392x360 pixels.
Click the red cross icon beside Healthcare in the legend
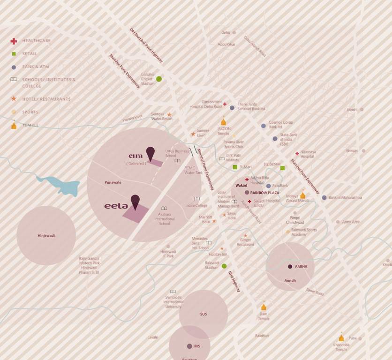click(x=14, y=41)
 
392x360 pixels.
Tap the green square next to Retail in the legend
click(x=14, y=54)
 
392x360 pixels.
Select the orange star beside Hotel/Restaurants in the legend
click(x=14, y=99)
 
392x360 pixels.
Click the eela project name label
click(x=116, y=205)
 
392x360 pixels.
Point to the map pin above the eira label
click(x=150, y=153)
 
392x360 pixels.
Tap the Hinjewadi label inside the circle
click(x=46, y=235)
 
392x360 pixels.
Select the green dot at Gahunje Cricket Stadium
click(x=159, y=79)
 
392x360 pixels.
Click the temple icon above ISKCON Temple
click(x=224, y=122)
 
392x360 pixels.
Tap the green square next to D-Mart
click(x=235, y=167)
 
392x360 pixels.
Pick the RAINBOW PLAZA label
click(x=264, y=193)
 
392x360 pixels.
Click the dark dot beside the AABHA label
click(x=290, y=266)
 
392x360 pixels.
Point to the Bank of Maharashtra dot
click(x=324, y=197)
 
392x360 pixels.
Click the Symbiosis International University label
click(x=173, y=302)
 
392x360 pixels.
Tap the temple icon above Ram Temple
click(x=264, y=307)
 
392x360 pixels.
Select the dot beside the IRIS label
click(x=189, y=346)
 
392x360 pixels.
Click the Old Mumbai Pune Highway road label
click(x=146, y=45)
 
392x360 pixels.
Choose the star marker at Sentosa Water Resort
click(x=169, y=114)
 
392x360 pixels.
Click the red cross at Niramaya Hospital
click(x=297, y=153)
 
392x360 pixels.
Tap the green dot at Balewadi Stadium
click(x=224, y=266)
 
